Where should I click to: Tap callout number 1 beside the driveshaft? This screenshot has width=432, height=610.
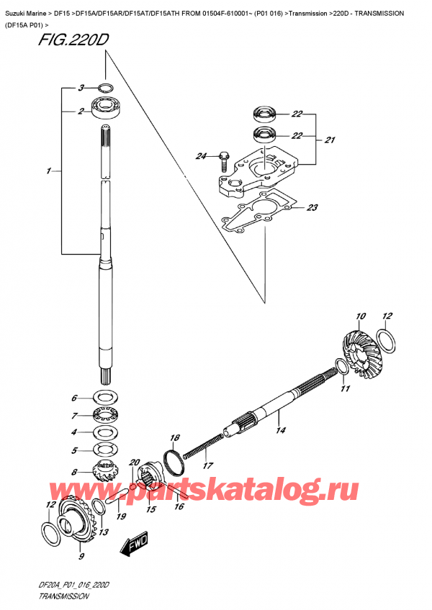point(48,171)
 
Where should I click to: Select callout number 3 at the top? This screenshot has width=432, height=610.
point(81,88)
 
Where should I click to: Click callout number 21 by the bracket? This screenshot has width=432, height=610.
point(330,140)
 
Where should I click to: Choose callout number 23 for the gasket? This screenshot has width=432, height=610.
point(311,209)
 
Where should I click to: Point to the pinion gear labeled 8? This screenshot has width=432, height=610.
point(105,477)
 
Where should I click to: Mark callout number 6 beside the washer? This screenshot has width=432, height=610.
point(73,398)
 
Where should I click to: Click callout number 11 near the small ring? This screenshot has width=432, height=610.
point(344,388)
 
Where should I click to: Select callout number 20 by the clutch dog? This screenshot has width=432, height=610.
point(134,463)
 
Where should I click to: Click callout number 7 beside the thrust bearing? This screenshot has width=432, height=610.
point(73,415)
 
